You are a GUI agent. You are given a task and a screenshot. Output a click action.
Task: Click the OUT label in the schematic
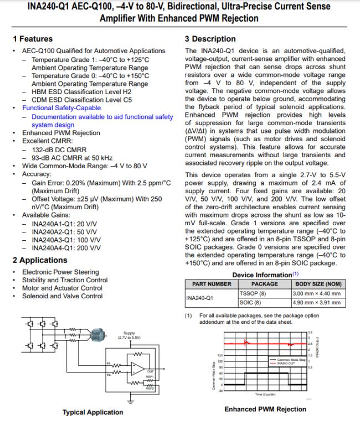click(x=150, y=371)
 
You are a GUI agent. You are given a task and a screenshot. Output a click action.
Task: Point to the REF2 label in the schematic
click(x=149, y=389)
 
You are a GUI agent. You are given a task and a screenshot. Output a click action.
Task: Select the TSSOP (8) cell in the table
click(x=250, y=293)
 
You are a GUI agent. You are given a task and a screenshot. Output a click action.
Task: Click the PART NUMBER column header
click(x=211, y=284)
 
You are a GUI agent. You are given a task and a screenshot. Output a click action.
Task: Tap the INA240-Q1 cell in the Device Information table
click(x=200, y=298)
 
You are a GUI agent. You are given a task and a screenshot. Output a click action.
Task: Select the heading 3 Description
click(x=210, y=39)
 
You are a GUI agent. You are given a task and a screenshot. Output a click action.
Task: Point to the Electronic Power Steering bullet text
click(x=60, y=272)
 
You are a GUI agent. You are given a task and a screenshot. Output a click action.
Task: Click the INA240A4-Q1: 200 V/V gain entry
click(x=66, y=248)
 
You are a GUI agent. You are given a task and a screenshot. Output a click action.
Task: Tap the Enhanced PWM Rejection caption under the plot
click(x=265, y=409)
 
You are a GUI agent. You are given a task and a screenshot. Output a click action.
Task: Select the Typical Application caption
click(x=92, y=412)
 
